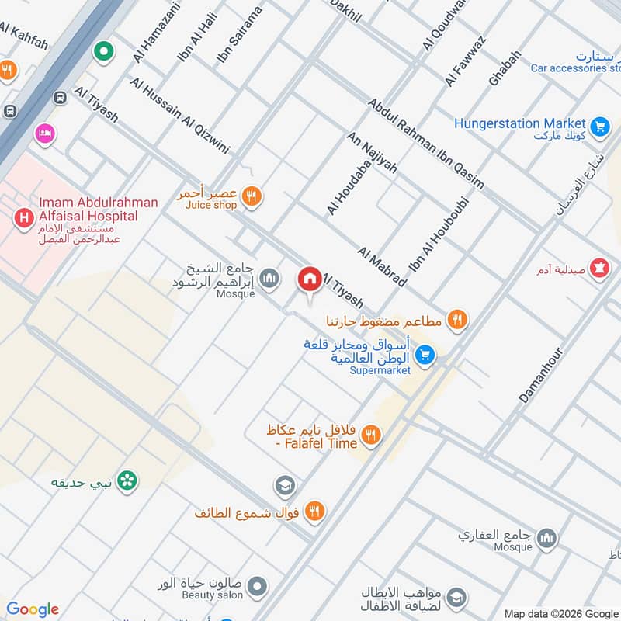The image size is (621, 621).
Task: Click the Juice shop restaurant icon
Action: (250, 196)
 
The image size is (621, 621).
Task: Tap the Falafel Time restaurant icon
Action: (371, 436)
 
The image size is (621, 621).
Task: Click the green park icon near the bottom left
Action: (127, 481)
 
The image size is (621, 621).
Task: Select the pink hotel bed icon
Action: (45, 134)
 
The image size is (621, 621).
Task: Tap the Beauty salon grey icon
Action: (258, 586)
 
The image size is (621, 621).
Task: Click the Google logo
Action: (33, 609)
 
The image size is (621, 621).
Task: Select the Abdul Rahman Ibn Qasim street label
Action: (425, 144)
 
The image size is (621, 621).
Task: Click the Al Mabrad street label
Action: (382, 266)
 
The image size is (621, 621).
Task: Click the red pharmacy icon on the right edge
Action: (599, 269)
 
